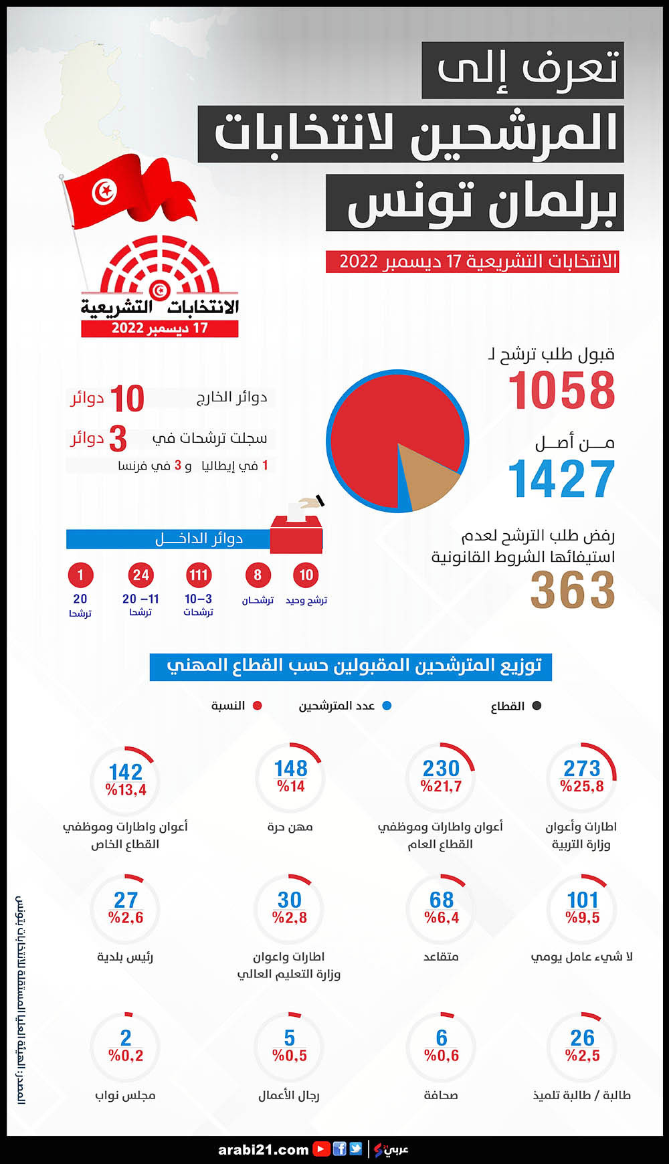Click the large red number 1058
pos(561,391)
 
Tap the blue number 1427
pos(561,479)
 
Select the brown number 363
pos(573,591)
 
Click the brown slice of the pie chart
pos(428,476)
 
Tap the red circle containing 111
pos(199,575)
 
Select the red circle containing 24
pos(140,575)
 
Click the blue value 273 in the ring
pos(582,768)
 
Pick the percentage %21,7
pos(441,787)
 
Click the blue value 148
pos(291,768)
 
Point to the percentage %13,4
pos(126,790)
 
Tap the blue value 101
pos(582,900)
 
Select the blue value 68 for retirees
pos(442,900)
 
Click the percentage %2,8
pos(290,918)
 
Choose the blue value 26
pos(582,1038)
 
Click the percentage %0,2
pos(126,1056)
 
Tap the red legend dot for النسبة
pos(258,706)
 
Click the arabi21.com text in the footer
pos(263,1149)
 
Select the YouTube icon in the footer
pos(322,1149)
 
